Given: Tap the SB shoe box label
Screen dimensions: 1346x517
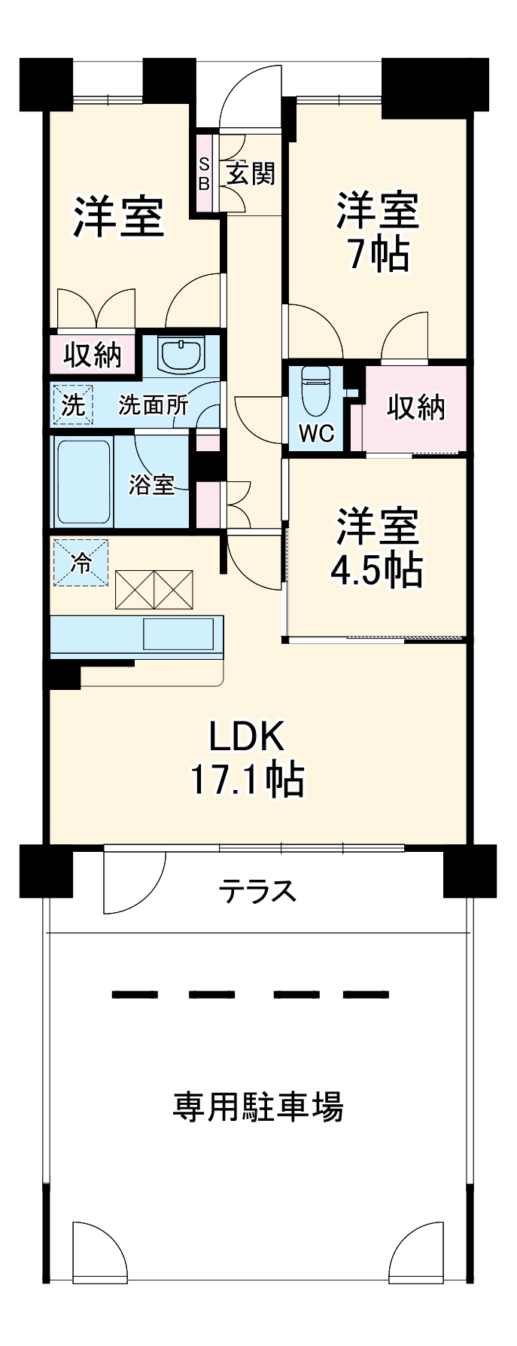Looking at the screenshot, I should pos(204,172).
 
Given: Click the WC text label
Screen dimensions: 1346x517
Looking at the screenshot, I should pos(316,434).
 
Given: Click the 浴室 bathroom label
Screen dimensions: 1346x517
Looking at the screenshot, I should pos(151,485).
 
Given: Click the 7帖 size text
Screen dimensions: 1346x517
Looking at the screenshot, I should pos(378,256).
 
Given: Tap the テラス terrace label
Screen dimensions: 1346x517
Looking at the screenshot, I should pos(257,892).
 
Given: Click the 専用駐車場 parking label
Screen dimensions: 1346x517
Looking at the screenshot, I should pos(258,1107).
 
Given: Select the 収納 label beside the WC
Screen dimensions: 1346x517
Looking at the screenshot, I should pos(415,407).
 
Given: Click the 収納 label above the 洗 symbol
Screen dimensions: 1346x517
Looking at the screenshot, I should pos(92,353).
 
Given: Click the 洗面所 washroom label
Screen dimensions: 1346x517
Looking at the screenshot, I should pos(154,405).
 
